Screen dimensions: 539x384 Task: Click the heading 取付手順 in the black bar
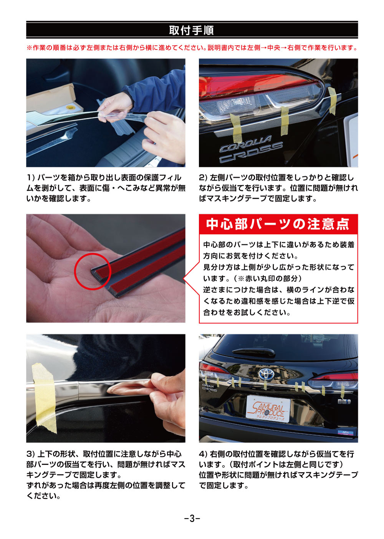[x=192, y=30]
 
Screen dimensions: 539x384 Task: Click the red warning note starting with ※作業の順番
[x=192, y=48]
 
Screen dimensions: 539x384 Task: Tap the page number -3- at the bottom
[x=192, y=518]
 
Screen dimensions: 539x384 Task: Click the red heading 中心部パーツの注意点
[x=278, y=224]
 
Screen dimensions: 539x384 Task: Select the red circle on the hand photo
[x=92, y=271]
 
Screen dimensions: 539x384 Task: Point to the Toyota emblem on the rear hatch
[x=265, y=373]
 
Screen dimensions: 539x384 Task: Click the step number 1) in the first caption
[x=31, y=178]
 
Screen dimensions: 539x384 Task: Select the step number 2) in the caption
[x=203, y=178]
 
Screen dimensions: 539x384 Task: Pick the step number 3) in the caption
[x=31, y=454]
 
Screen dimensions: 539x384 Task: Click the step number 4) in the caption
[x=203, y=454]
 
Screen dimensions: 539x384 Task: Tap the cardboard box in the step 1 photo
[x=50, y=98]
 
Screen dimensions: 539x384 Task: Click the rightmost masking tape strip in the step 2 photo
[x=332, y=101]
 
